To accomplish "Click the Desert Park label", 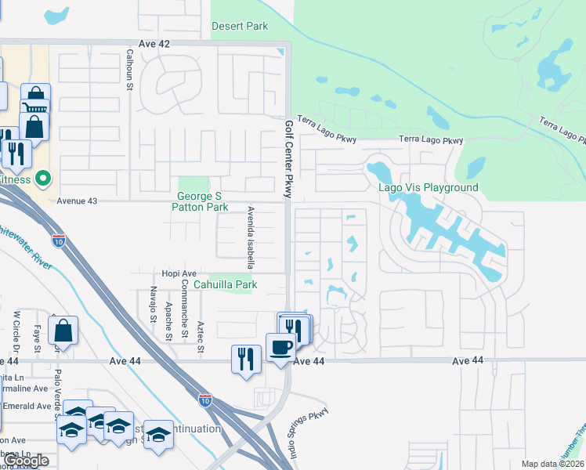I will pyautogui.click(x=240, y=26).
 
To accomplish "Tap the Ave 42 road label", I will pyautogui.click(x=153, y=45).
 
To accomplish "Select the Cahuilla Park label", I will pyautogui.click(x=226, y=284).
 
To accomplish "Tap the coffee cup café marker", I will pyautogui.click(x=280, y=347).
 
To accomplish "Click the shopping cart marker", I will pyautogui.click(x=34, y=110).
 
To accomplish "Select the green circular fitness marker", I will pyautogui.click(x=43, y=179).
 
